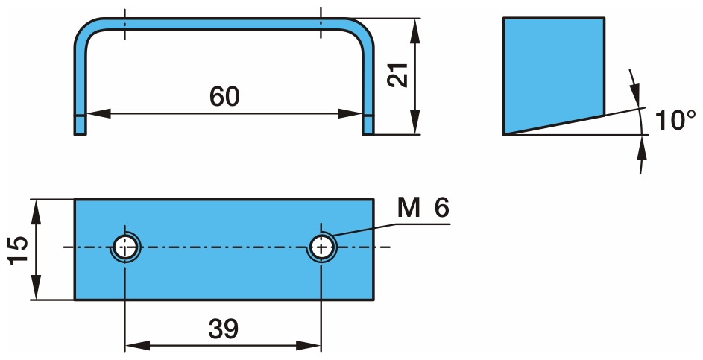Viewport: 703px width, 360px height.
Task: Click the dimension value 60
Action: [x=224, y=96]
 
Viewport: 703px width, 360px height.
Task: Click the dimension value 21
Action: [x=400, y=75]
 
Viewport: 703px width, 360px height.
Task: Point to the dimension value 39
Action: [x=223, y=328]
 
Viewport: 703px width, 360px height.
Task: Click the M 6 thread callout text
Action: [x=423, y=209]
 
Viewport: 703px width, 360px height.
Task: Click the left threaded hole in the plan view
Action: [x=125, y=247]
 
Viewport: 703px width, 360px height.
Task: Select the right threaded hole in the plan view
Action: [x=321, y=247]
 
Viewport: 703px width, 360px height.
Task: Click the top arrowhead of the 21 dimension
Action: [x=414, y=29]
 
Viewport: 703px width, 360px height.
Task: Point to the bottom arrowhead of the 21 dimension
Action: [x=414, y=124]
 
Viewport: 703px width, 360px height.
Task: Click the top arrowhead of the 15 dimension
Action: [x=34, y=210]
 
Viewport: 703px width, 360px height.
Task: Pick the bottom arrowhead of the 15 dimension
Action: [x=34, y=289]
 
